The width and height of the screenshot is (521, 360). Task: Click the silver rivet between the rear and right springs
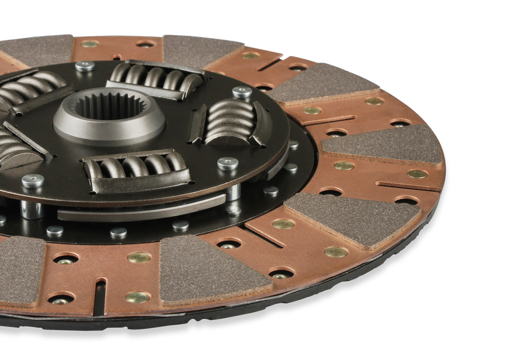[242, 91]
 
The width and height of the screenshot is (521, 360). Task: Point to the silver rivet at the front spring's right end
[227, 163]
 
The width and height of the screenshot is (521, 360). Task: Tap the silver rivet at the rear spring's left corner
[85, 66]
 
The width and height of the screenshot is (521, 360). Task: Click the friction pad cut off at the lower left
[19, 271]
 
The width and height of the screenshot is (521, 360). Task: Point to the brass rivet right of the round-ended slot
[138, 297]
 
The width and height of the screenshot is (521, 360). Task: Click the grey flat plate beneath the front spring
[142, 208]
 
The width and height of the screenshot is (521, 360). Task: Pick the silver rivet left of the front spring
[33, 181]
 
